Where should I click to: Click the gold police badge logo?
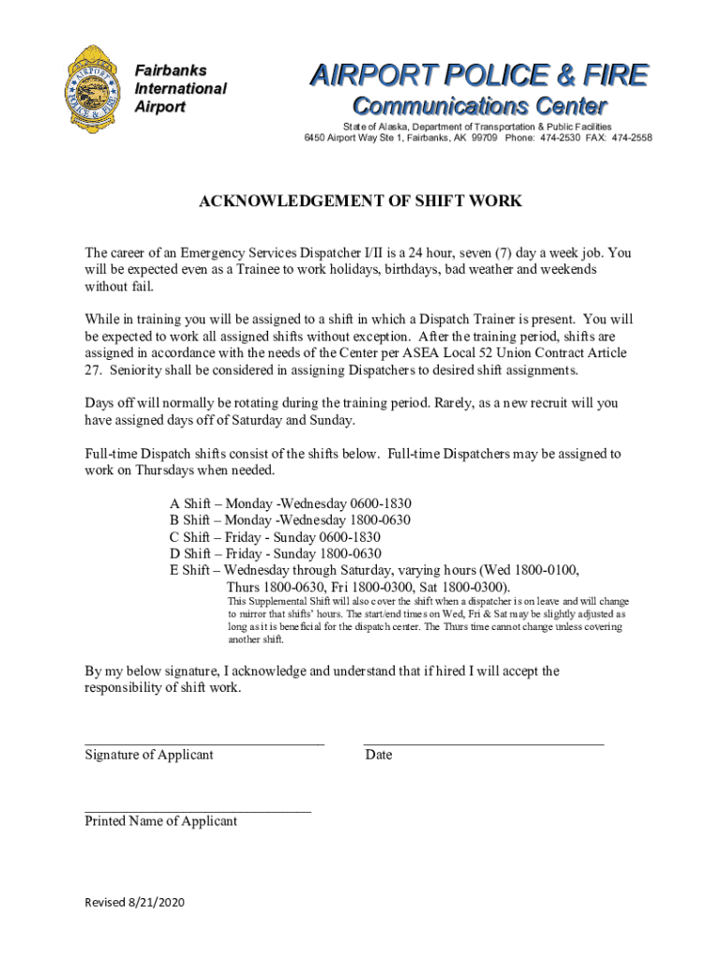(91, 90)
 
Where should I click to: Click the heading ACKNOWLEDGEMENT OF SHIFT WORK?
(360, 202)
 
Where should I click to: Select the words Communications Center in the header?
(478, 106)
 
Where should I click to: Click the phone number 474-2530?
(553, 138)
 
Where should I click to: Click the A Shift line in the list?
(290, 503)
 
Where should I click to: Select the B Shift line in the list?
(290, 520)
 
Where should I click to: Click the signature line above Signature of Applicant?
(204, 742)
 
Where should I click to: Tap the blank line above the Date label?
(484, 742)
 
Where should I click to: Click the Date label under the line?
(379, 755)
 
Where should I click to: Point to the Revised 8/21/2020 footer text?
(135, 902)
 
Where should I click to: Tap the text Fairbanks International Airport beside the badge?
(180, 89)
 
